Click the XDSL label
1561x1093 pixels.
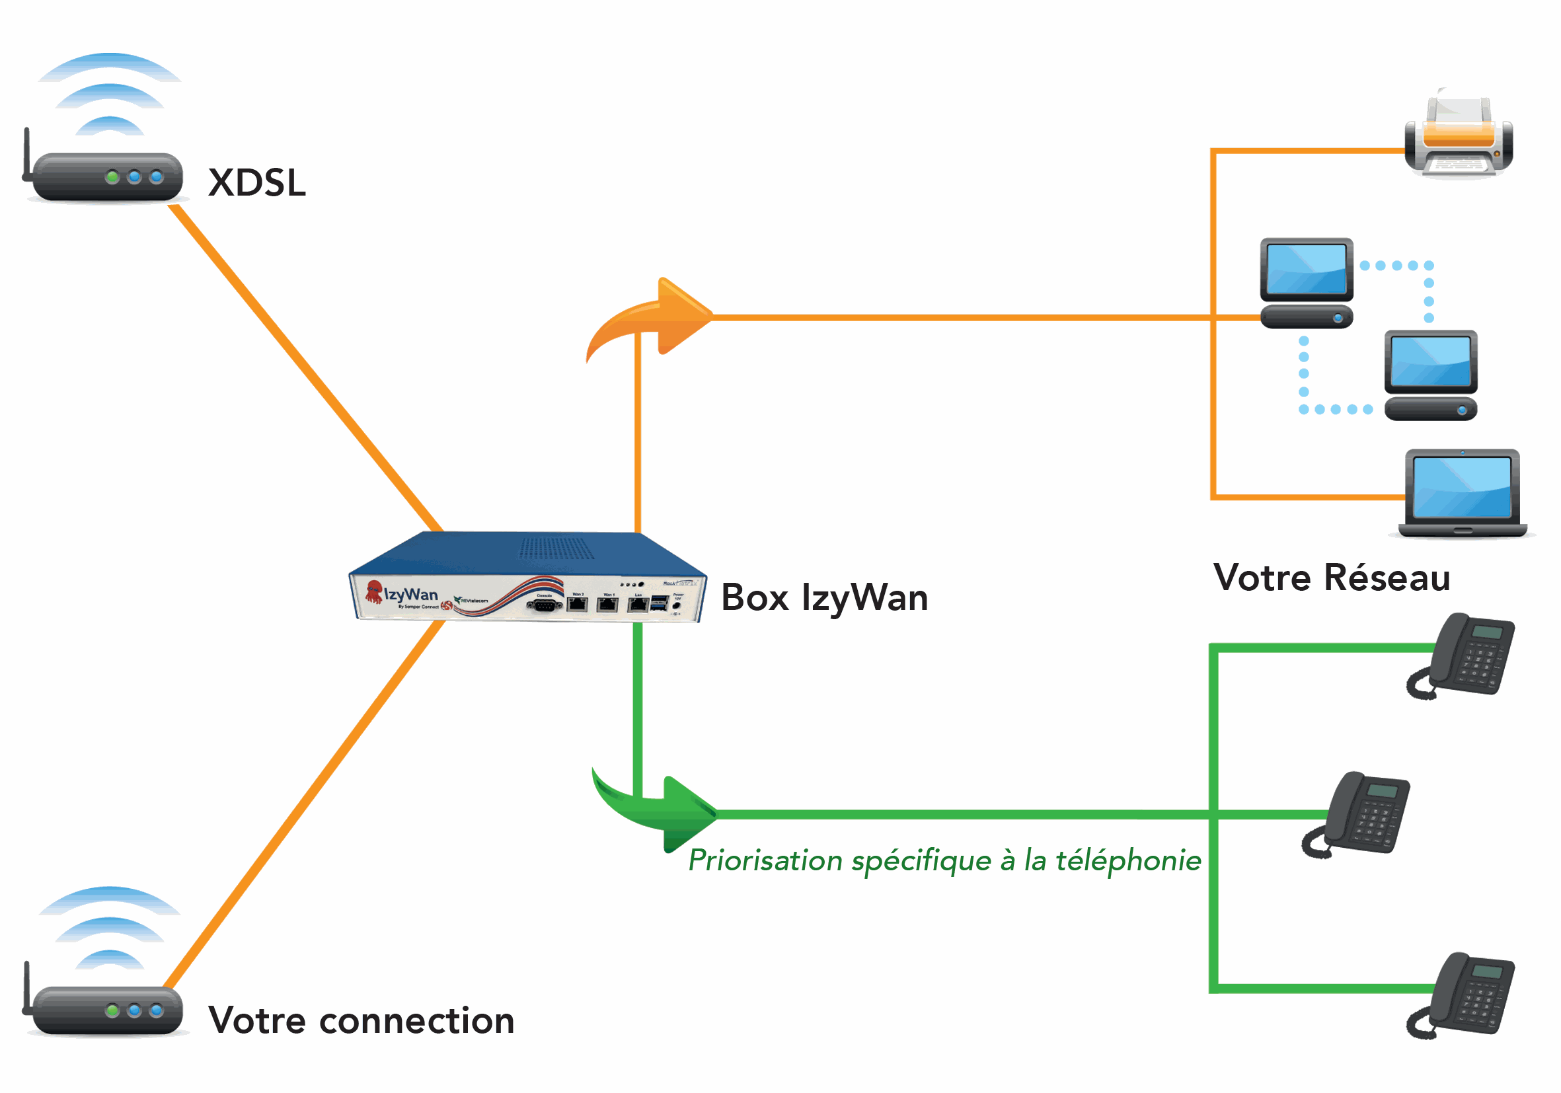pos(257,183)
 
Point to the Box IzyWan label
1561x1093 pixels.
pos(824,597)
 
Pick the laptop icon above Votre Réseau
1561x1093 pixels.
pos(1462,493)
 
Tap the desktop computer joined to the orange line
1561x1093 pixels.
pos(1306,282)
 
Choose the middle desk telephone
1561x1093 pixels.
pos(1359,813)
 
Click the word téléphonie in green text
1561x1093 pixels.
pos(1128,861)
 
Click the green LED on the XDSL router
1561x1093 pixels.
pos(112,177)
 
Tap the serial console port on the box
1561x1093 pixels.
pos(544,604)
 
